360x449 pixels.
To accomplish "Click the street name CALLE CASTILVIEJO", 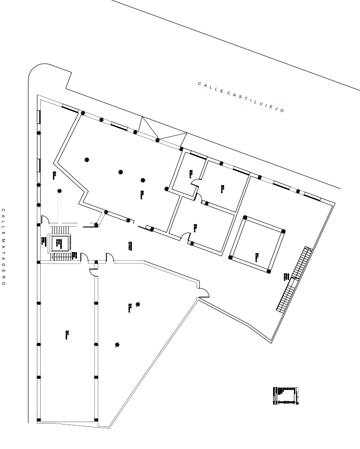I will pos(241,97).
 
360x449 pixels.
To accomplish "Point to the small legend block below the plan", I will pos(286,396).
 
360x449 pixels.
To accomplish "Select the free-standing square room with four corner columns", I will pos(257,244).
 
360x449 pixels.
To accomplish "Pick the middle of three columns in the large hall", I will pos(120,172).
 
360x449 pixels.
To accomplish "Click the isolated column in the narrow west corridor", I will pos(60,191).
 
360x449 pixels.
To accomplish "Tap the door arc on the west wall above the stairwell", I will pos(45,220).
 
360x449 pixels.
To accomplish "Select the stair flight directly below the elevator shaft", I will pos(60,257).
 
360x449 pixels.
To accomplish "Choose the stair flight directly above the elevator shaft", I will pos(60,229).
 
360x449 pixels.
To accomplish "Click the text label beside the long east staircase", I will pos(286,277).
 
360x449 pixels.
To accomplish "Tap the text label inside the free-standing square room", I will pos(257,256).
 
